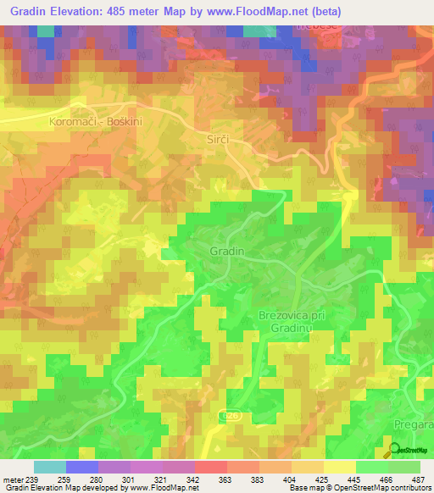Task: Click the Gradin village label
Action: (x=226, y=252)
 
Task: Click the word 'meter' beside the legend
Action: (x=13, y=480)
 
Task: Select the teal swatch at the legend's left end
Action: (x=49, y=467)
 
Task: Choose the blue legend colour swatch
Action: (x=82, y=467)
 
